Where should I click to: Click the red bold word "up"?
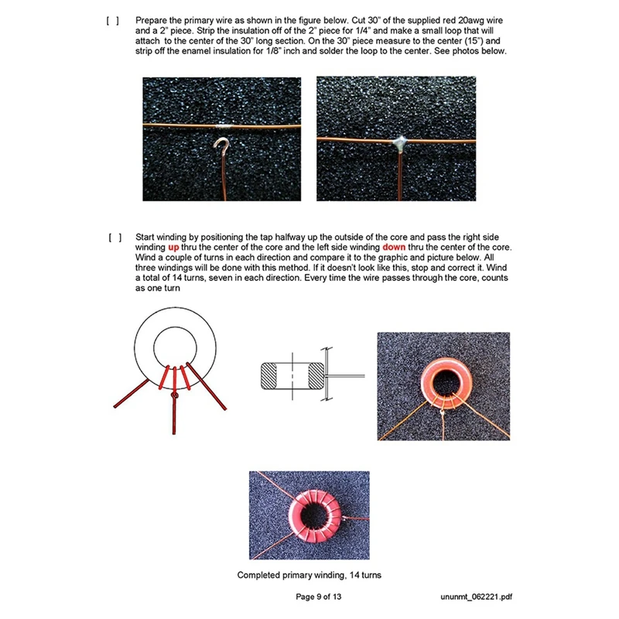pos(174,248)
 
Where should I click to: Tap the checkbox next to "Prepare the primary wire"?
pos(113,19)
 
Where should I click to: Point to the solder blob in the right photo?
pos(402,142)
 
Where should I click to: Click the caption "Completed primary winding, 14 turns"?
pos(309,575)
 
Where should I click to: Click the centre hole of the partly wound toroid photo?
pos(443,381)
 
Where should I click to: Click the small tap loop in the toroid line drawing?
pos(176,395)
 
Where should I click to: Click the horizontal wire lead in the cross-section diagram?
pos(348,376)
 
